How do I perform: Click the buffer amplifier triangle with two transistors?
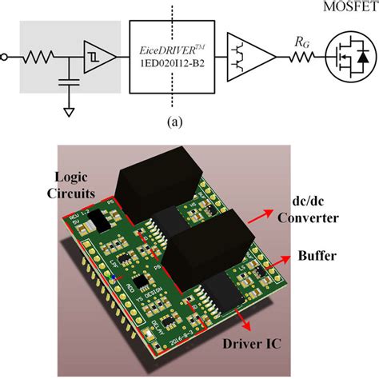pyautogui.click(x=248, y=57)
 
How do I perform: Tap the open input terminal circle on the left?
pyautogui.click(x=6, y=57)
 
